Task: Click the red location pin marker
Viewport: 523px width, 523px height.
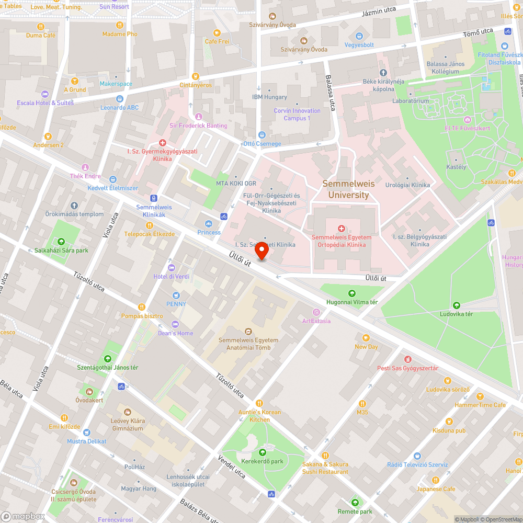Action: (x=261, y=251)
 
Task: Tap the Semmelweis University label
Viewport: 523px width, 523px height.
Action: (x=345, y=189)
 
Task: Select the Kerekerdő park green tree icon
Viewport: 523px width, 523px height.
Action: (x=262, y=452)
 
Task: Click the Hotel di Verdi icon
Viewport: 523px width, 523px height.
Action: (x=171, y=267)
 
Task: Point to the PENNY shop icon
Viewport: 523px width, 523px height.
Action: (x=176, y=295)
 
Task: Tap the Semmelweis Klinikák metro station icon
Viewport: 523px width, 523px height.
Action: (x=154, y=198)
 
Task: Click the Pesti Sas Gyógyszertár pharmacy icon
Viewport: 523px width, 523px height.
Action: (x=407, y=359)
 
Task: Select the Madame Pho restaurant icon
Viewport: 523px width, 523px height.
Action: (x=120, y=25)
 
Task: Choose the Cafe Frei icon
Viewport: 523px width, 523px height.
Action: (x=217, y=32)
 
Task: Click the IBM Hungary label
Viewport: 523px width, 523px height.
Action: (x=270, y=97)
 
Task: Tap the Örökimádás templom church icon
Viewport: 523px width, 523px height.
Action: (x=74, y=206)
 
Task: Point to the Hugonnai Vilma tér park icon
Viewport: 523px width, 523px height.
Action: (x=351, y=293)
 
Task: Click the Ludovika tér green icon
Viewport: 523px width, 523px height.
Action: (x=456, y=305)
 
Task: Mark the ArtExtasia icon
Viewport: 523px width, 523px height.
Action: (x=316, y=312)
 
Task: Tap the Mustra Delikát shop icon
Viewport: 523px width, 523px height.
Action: (x=86, y=433)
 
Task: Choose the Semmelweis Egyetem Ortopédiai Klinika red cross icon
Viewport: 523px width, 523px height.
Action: (x=342, y=229)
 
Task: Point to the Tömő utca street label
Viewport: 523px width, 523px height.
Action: (x=478, y=33)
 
